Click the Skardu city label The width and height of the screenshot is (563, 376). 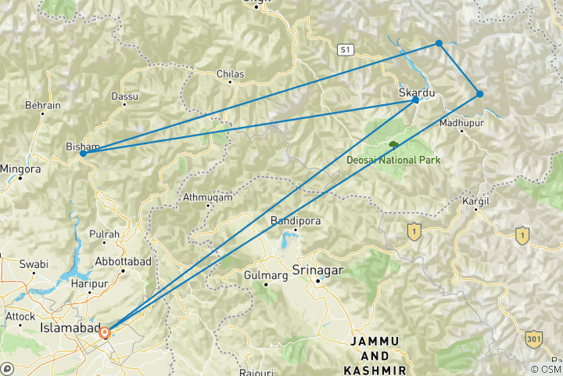415,92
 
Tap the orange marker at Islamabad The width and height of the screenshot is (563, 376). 106,332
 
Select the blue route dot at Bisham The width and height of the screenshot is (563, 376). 83,154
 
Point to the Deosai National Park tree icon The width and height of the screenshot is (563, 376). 393,145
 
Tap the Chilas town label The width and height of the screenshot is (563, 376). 230,74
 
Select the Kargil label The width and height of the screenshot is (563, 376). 475,201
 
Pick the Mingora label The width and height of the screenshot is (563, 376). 20,168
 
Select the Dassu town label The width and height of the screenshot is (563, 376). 124,96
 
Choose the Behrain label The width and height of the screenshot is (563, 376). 43,105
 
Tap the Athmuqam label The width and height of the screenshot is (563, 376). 207,197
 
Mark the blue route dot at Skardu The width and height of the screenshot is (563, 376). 415,100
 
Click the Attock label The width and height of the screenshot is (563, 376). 20,316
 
